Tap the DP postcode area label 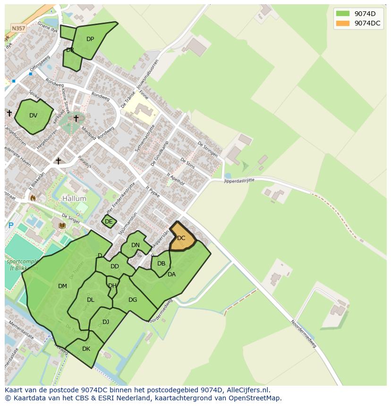click(90, 39)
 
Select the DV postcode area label click(33, 116)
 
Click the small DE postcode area click(109, 222)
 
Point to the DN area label click(136, 245)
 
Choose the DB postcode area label click(161, 264)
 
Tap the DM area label click(62, 286)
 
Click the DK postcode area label click(86, 349)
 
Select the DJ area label click(106, 322)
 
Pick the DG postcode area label click(133, 300)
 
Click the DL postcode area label click(91, 300)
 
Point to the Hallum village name click(74, 199)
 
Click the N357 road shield click(18, 28)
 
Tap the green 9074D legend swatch click(342, 14)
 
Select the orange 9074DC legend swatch click(342, 23)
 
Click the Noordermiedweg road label click(303, 334)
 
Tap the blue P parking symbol click(11, 226)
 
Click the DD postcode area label click(115, 266)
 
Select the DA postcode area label click(171, 274)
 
